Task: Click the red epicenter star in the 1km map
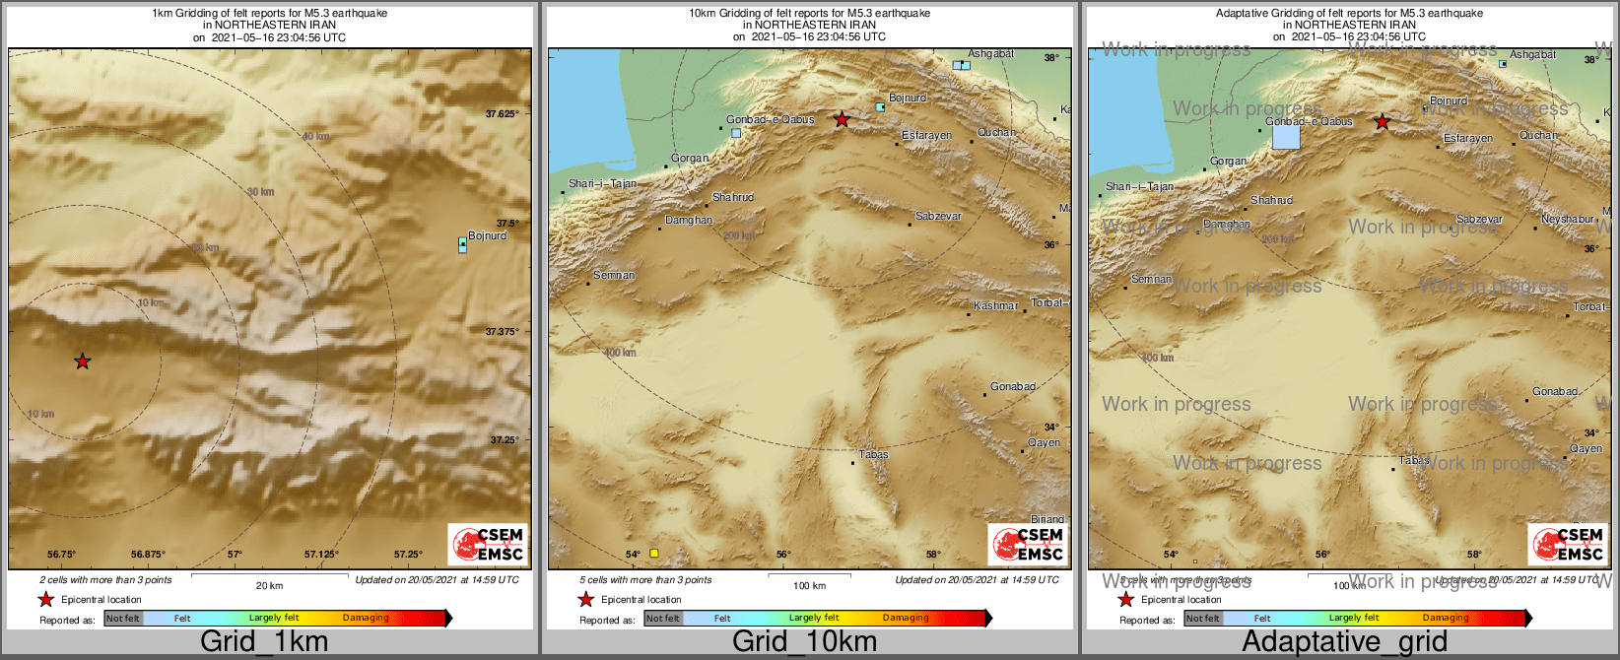(x=83, y=362)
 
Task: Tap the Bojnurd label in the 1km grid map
(x=487, y=235)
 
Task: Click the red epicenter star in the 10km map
(x=842, y=120)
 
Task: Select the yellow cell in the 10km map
(x=653, y=554)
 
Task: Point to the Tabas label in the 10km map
(x=873, y=454)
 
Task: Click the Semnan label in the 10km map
(x=614, y=275)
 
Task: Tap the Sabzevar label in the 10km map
(x=937, y=216)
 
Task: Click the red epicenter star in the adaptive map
(x=1383, y=122)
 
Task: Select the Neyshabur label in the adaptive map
(x=1567, y=219)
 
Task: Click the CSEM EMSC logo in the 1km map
(x=488, y=544)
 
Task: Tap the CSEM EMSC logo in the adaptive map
(x=1568, y=544)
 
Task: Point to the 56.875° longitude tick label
(x=148, y=555)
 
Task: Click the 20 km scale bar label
(x=269, y=585)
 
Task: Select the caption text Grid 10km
(x=804, y=641)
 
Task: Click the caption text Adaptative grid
(x=1344, y=641)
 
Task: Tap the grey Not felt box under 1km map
(x=123, y=619)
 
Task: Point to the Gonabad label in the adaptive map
(x=1555, y=391)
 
